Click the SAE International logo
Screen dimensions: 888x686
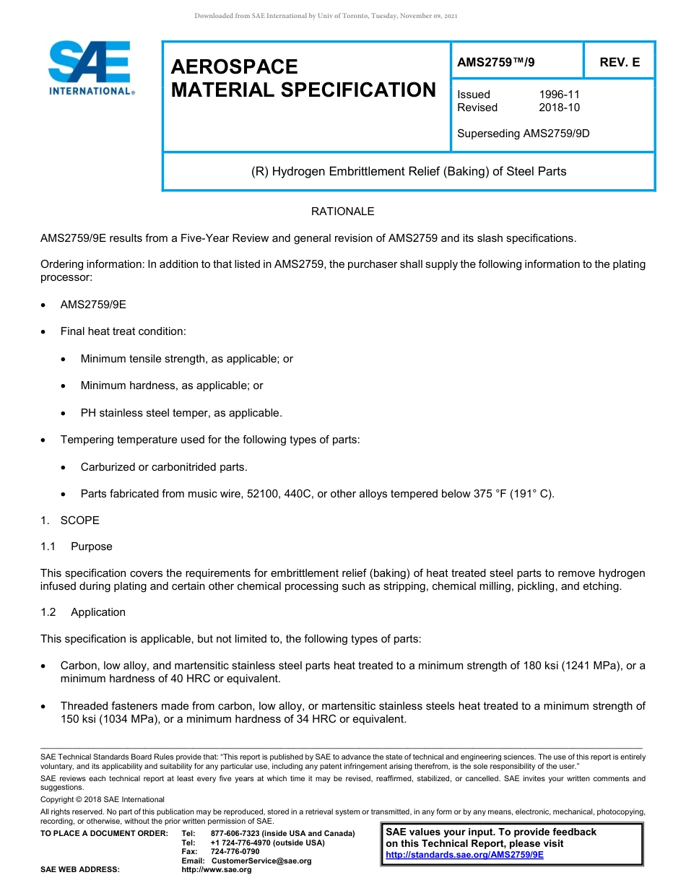coord(90,68)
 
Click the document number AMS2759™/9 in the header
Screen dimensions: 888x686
coord(496,63)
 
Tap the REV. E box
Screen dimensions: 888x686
coord(620,63)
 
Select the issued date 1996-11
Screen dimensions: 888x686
coord(559,95)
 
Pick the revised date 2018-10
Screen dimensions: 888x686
coord(559,108)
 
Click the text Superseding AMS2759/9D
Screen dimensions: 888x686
coord(523,134)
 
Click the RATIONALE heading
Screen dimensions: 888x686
coord(342,212)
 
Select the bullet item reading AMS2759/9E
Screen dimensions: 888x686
coord(93,305)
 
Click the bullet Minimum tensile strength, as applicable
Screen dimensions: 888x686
coord(186,359)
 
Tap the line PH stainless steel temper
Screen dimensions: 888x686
coord(181,413)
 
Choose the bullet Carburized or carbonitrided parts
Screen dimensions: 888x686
coord(163,467)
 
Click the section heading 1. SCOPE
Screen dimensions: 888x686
coord(70,521)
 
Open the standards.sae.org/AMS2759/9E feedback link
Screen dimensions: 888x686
coord(464,855)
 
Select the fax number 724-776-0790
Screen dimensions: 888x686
coord(235,851)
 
